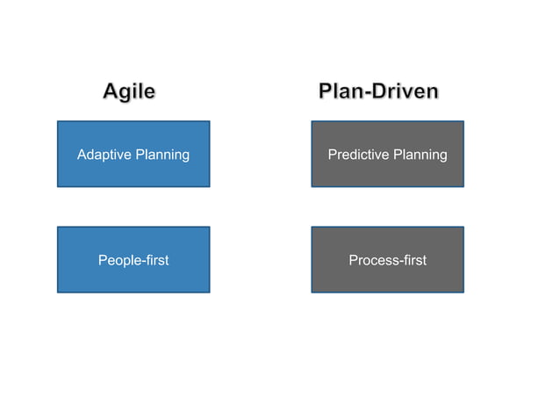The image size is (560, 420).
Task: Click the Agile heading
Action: [129, 91]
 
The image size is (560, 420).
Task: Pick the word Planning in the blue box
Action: [162, 156]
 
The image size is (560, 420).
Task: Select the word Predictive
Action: [358, 155]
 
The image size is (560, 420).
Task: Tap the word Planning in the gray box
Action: [420, 156]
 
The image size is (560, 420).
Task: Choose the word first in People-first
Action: [155, 260]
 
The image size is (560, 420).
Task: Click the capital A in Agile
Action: [111, 91]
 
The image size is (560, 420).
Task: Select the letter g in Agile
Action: [128, 93]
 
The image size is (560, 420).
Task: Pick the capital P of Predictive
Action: [332, 155]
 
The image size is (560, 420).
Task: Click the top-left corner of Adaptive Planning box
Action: [58, 121]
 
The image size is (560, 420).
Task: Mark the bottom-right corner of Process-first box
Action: [463, 292]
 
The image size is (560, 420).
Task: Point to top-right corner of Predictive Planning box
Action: [463, 121]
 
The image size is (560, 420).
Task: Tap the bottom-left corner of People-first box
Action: [58, 292]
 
